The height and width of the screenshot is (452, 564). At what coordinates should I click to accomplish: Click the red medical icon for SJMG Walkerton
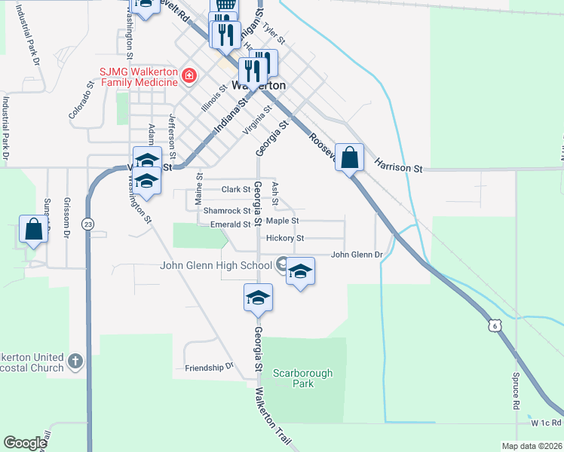click(188, 76)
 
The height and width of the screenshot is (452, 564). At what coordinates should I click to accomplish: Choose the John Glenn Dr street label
click(357, 255)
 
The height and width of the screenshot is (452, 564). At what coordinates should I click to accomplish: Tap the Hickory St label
click(284, 238)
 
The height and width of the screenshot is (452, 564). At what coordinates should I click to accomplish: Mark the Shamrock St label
click(225, 211)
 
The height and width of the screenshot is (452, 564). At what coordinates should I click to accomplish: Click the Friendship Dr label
click(210, 368)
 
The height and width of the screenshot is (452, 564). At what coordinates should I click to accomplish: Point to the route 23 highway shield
click(88, 224)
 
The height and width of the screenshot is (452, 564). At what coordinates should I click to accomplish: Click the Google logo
click(25, 443)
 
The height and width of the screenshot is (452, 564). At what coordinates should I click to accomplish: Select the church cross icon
click(74, 362)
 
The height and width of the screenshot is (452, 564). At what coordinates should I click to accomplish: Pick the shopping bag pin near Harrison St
click(349, 158)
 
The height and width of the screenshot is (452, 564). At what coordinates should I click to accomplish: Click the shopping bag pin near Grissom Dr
click(34, 229)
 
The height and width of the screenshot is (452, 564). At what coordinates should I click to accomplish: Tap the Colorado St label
click(84, 104)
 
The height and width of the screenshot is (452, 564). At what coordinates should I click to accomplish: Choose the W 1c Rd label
click(546, 423)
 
